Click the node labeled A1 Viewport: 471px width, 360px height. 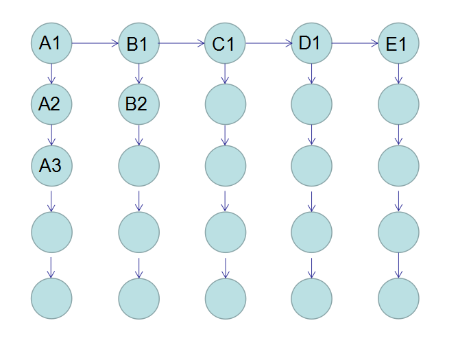coord(51,43)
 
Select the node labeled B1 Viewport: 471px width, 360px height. coord(138,45)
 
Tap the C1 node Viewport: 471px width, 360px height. coord(225,45)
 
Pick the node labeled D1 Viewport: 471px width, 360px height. coord(311,43)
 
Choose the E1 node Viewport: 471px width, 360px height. coord(398,45)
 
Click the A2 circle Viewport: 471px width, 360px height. coord(51,104)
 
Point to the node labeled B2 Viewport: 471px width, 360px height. coord(138,104)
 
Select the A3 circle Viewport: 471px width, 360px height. coord(51,165)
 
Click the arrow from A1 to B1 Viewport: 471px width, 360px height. coord(95,44)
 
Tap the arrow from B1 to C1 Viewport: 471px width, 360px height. coord(182,45)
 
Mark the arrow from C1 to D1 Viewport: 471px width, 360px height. coord(268,45)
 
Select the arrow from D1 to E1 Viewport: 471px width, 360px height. coord(354,45)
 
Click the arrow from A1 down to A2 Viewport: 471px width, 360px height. coord(51,73)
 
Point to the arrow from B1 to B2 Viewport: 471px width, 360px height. coord(138,74)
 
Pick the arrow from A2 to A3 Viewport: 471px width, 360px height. coord(51,134)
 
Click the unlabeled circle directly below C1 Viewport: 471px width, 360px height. coord(225,104)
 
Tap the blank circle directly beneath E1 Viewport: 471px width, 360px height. coord(398,104)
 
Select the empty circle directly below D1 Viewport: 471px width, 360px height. coord(311,104)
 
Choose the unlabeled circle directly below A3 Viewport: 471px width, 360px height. coord(51,232)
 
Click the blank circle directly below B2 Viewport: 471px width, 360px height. coord(138,165)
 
